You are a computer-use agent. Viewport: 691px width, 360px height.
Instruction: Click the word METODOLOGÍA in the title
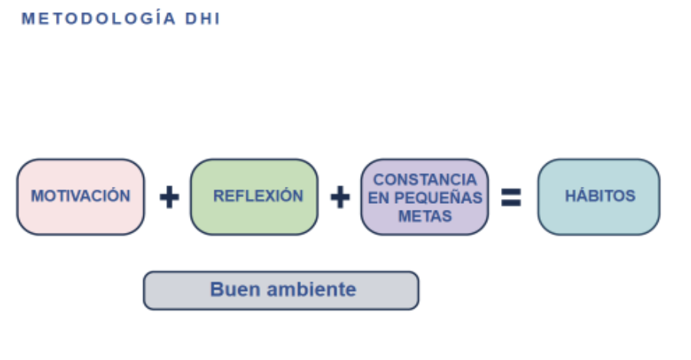[100, 19]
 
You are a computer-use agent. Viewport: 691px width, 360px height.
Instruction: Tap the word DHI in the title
[203, 19]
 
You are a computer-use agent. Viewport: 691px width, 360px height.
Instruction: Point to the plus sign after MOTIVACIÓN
[169, 198]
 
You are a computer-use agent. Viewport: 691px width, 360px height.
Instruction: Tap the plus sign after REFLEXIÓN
[339, 198]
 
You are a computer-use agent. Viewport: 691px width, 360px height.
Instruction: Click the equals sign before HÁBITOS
[511, 198]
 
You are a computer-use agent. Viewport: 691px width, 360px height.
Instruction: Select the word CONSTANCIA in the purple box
[424, 179]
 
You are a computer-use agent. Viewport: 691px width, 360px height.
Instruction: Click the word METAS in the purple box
[424, 216]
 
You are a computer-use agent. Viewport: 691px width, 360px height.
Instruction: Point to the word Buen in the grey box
[232, 290]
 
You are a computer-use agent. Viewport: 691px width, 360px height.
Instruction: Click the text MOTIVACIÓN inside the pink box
[80, 196]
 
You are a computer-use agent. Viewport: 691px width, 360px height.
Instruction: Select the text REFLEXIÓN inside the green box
[258, 196]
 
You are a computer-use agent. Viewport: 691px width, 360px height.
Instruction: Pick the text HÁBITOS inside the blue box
[600, 196]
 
